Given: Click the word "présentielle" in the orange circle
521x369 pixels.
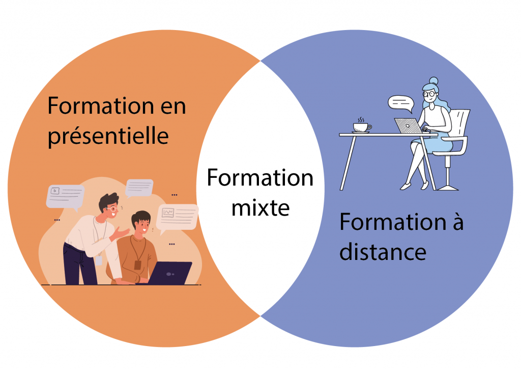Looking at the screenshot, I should pos(108,136).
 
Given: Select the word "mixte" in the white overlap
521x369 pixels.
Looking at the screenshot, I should pos(260,207).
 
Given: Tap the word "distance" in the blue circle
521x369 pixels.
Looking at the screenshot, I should pos(383,251).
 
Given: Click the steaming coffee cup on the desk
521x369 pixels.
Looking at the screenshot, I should pos(362,126).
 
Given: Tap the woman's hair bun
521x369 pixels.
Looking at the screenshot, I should pos(433,81).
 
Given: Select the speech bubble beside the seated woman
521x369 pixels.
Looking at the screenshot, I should pos(400,103).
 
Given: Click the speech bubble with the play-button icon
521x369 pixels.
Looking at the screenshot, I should pos(63,195).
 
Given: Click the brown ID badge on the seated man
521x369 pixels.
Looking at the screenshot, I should pos(137,264).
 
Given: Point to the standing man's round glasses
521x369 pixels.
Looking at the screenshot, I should pos(111,209).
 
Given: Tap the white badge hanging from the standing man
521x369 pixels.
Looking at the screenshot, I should pos(99,260).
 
